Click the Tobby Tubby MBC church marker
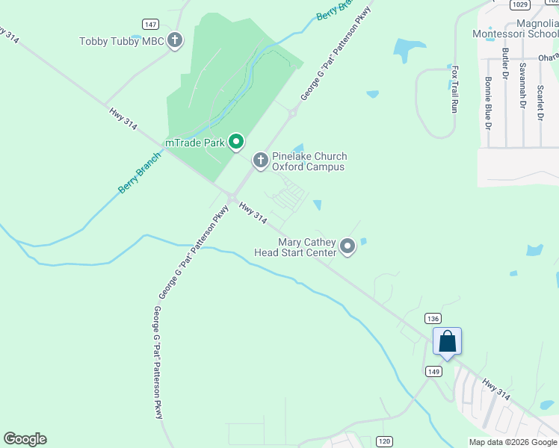tap(175, 40)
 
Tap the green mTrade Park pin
tap(236, 142)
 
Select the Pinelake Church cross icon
tap(260, 161)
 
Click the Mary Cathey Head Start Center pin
tap(348, 246)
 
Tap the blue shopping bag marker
tap(447, 342)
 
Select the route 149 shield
tap(433, 371)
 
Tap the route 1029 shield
tap(522, 4)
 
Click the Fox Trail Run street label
tap(454, 89)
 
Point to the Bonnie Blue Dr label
tap(488, 102)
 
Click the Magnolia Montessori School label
tap(516, 28)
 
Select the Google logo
tap(25, 439)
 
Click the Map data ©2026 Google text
tap(513, 442)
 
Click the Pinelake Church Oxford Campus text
tap(309, 161)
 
